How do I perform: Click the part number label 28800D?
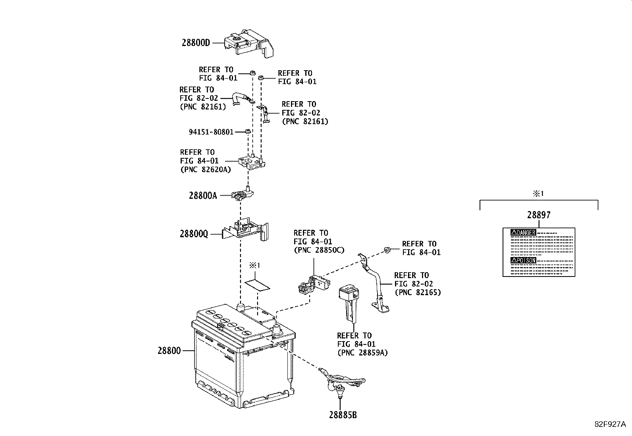196,42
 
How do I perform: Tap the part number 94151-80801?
211,132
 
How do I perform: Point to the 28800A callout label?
203,195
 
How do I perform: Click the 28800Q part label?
194,234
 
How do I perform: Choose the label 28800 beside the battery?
169,351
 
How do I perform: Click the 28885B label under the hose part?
343,415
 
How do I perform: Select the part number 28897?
539,215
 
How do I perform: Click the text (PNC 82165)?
417,293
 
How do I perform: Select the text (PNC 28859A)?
362,352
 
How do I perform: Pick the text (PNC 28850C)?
318,250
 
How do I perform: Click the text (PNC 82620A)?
205,169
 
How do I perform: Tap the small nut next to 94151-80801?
247,131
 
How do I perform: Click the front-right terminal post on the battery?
277,328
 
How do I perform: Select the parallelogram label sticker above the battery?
257,284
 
